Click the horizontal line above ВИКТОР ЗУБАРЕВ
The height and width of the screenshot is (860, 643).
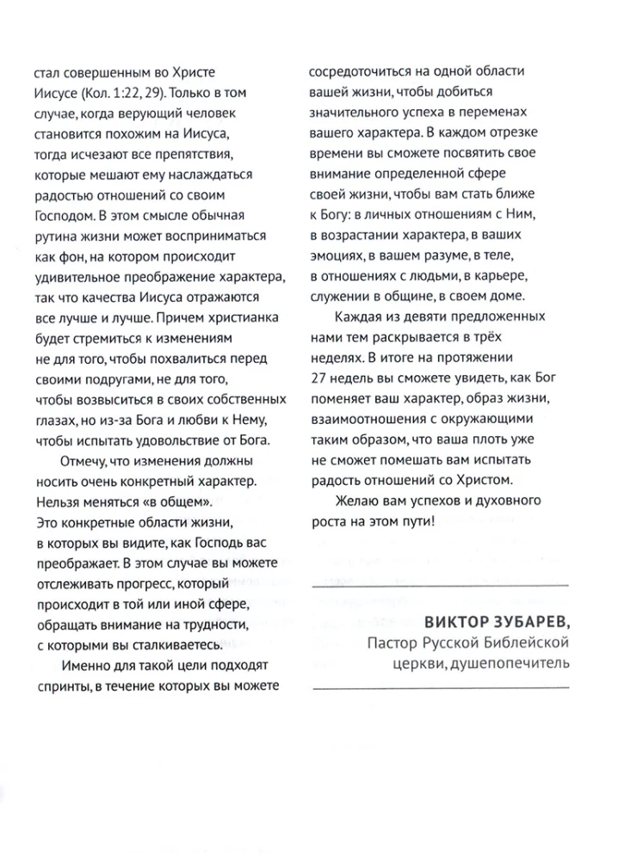tap(438, 586)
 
